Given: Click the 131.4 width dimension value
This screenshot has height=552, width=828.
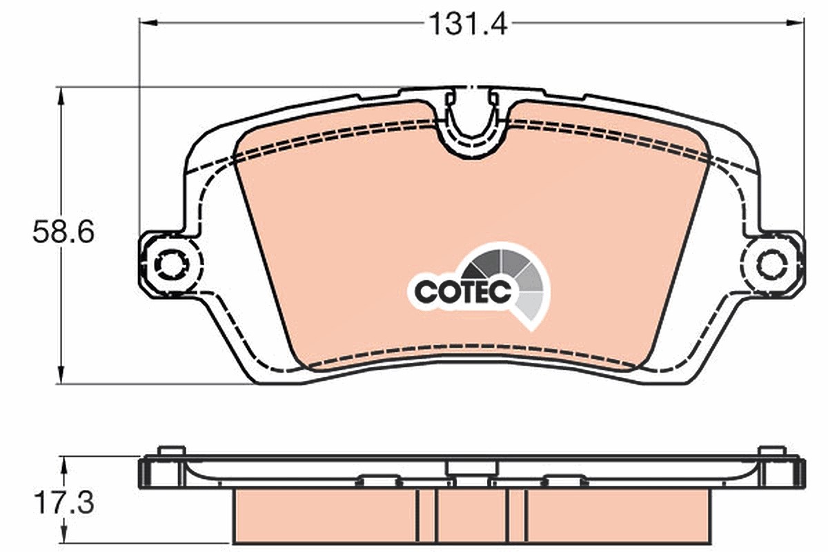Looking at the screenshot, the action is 469,24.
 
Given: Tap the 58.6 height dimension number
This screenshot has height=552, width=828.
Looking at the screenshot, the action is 63,232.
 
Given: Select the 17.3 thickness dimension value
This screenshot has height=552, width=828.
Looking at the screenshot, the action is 64,502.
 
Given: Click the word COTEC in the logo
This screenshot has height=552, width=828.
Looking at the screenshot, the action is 463,291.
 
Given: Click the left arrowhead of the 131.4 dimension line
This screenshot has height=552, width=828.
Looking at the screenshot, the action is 148,23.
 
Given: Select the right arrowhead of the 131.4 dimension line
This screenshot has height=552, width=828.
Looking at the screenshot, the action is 795,23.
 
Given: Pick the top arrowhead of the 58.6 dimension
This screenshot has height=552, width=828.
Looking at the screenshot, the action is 61,97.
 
